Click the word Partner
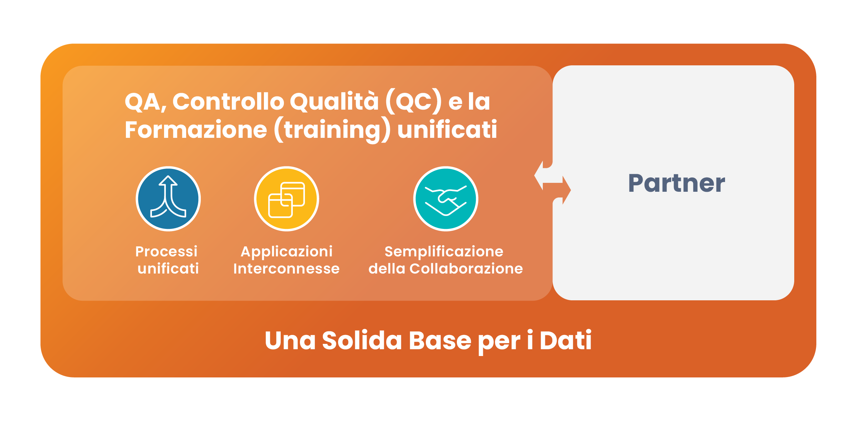677,183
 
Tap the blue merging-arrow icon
168,199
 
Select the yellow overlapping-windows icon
286,199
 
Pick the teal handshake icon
445,199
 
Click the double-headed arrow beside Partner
552,183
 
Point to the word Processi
166,251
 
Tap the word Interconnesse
286,269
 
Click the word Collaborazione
466,269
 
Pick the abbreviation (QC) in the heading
414,102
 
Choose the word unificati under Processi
168,269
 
